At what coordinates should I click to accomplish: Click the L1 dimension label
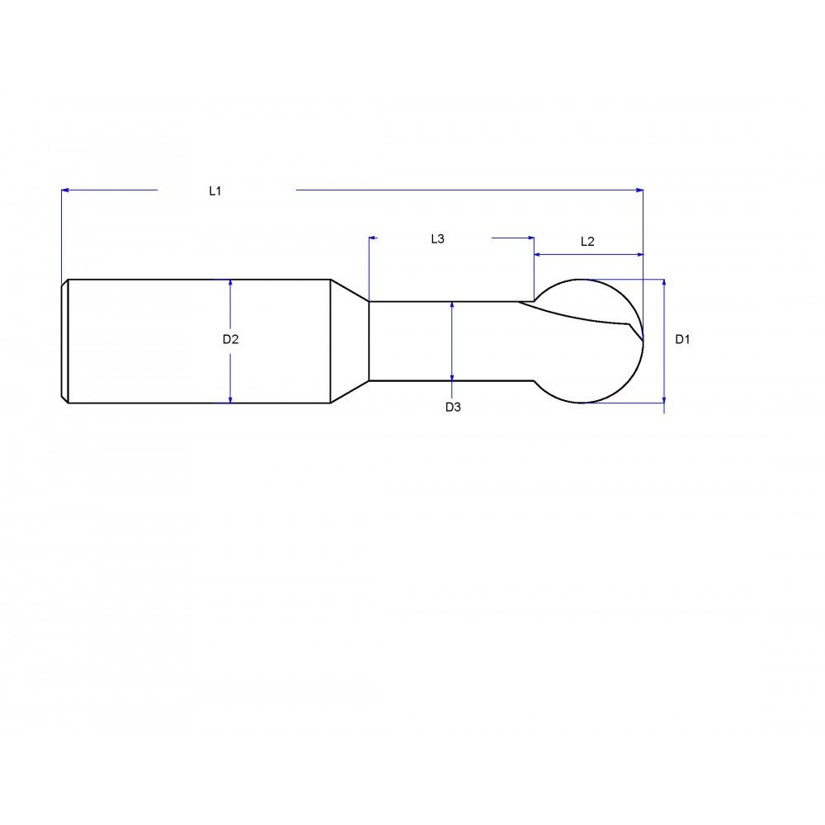point(215,191)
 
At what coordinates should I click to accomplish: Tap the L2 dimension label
point(587,242)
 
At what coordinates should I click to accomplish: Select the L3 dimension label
point(437,239)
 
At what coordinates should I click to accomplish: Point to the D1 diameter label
point(682,339)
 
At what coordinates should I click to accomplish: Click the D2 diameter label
point(230,339)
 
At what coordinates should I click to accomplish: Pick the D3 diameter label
point(452,407)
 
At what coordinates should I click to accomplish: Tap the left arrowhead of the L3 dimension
point(374,238)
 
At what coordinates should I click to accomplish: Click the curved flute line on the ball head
point(577,318)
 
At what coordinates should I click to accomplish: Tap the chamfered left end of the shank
point(64,341)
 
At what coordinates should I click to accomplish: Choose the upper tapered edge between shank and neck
point(349,290)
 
